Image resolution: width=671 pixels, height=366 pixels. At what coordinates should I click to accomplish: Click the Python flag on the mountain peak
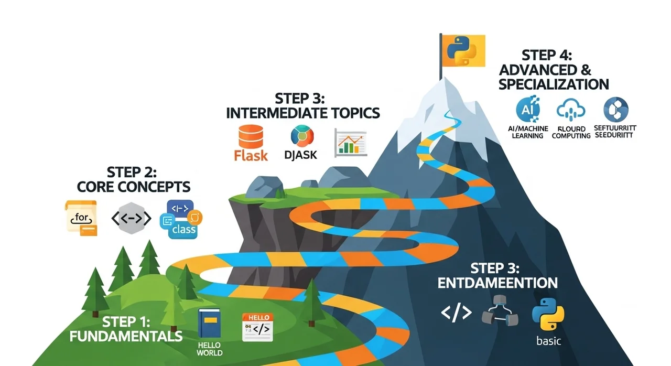pyautogui.click(x=463, y=50)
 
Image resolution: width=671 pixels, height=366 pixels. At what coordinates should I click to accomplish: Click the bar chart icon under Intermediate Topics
pyautogui.click(x=350, y=142)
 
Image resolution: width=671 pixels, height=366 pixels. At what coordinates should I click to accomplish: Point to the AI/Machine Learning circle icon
pyautogui.click(x=527, y=109)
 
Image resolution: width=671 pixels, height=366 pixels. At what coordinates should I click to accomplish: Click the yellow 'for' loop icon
pyautogui.click(x=81, y=217)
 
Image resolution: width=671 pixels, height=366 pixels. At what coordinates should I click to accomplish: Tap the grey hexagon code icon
pyautogui.click(x=132, y=218)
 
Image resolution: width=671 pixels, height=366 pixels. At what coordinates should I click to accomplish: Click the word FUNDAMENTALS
pyautogui.click(x=126, y=336)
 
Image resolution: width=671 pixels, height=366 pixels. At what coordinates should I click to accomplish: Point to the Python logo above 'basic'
pyautogui.click(x=548, y=314)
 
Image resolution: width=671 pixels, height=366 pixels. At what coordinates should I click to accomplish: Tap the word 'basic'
pyautogui.click(x=548, y=341)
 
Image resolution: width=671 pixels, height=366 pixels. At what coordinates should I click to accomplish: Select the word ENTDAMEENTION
pyautogui.click(x=497, y=283)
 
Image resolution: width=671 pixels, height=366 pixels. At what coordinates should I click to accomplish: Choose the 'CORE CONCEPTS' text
pyautogui.click(x=133, y=186)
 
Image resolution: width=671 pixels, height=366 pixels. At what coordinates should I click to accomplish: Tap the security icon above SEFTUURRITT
pyautogui.click(x=615, y=110)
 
